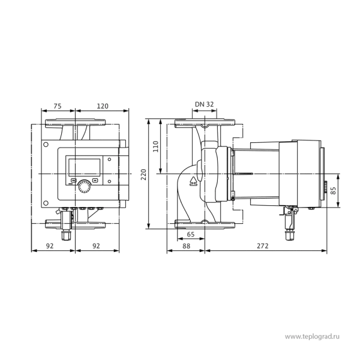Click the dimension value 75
coord(58,106)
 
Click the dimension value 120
coord(103,106)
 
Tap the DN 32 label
coord(205,104)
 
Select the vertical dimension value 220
coord(143,175)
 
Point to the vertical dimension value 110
coord(155,146)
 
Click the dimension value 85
coord(333,190)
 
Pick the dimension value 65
coord(191,235)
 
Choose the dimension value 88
coord(186,246)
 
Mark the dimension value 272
coord(262,246)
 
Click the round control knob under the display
coord(84,187)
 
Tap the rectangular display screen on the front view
coord(84,167)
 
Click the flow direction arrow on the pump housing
coord(193,181)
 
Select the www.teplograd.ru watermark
coord(312,337)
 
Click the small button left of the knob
coord(73,181)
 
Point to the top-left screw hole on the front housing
coord(46,145)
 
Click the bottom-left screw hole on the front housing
coord(46,203)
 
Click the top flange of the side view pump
coord(205,123)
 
